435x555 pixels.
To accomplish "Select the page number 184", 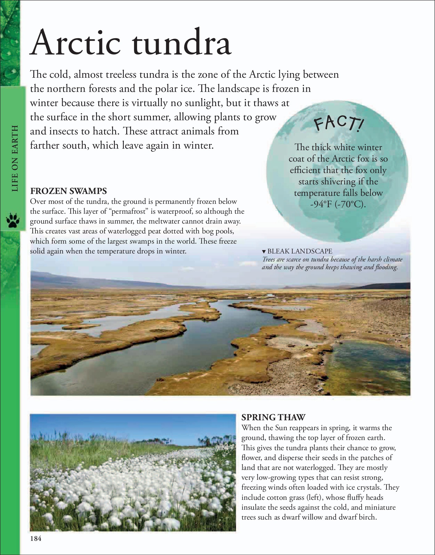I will [x=36, y=539].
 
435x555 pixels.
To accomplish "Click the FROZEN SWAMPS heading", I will [x=68, y=191].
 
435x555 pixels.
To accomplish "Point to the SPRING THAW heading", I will [x=273, y=417].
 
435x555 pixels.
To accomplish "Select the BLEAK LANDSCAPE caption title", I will [x=299, y=251].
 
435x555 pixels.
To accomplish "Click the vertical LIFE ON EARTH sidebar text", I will [x=15, y=158].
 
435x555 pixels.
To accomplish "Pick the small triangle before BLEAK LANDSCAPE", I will [x=264, y=252].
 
